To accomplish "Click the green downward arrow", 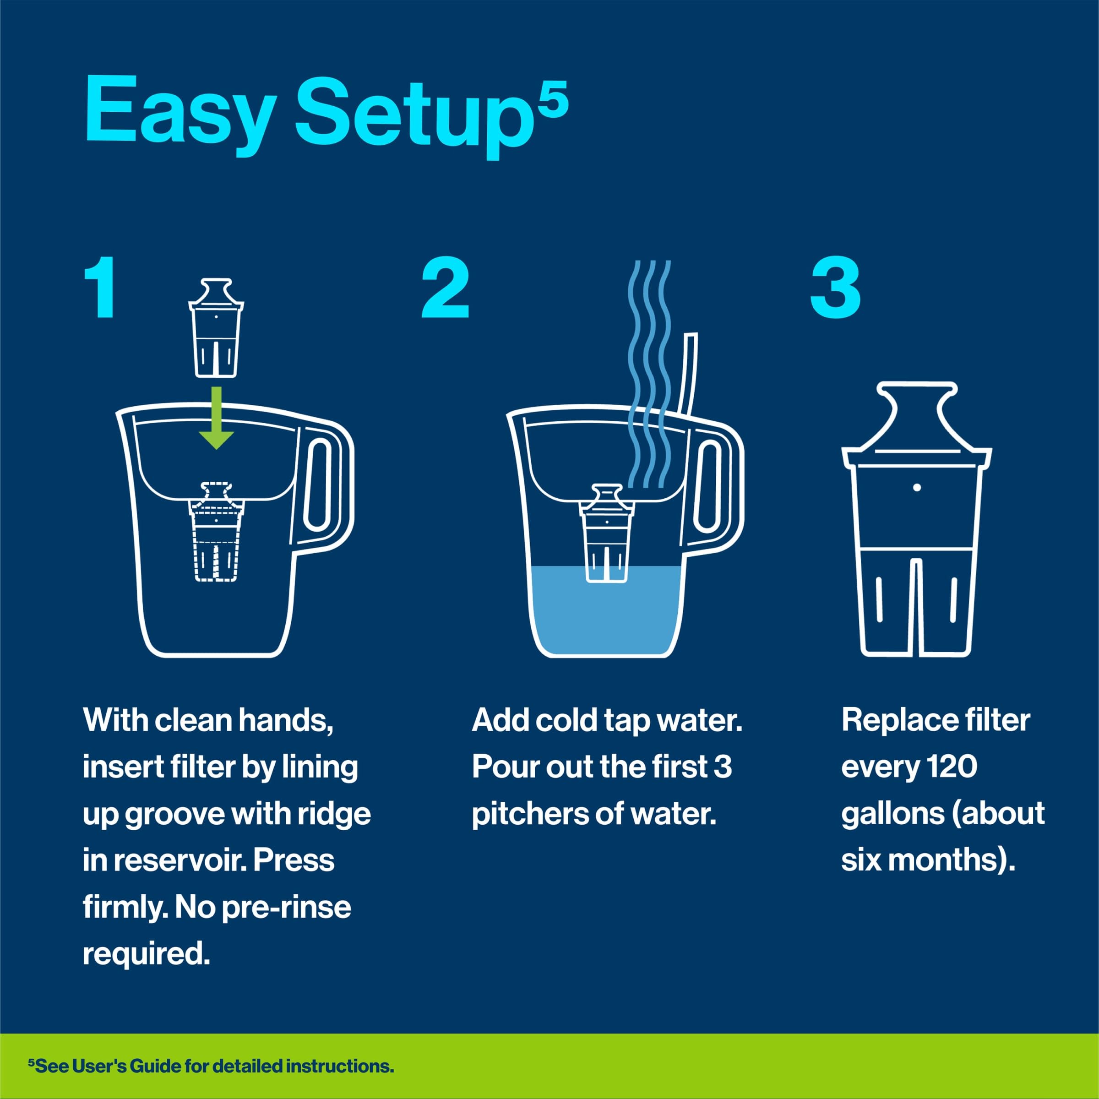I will click(216, 419).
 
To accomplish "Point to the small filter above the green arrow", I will click(216, 328).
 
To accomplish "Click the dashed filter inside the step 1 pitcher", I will click(216, 532).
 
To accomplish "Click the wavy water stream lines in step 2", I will click(649, 375).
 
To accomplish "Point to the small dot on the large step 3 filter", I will click(916, 488).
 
